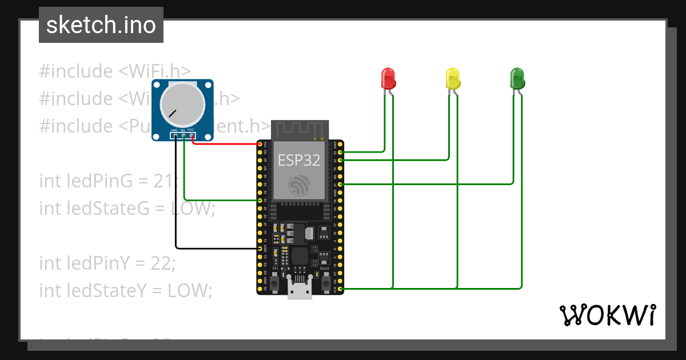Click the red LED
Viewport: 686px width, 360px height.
388,78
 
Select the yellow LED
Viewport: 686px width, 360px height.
452,78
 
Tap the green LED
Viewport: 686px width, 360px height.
517,78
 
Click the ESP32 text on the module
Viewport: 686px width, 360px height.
299,161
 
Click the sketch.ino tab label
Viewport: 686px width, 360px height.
101,25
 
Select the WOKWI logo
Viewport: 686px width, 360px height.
607,315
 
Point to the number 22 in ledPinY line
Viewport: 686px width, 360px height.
163,263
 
